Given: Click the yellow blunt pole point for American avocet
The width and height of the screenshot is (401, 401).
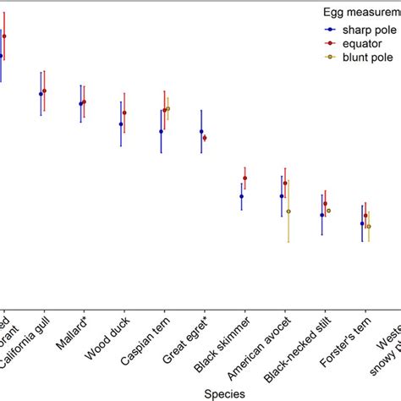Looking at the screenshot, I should click(288, 211).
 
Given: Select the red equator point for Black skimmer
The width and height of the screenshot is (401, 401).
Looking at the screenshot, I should click(244, 178).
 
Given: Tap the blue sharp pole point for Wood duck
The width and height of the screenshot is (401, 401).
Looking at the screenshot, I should click(121, 124).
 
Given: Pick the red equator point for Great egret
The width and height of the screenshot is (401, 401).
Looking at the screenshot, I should click(205, 137).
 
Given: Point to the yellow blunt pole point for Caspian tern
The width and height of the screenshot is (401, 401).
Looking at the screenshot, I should click(168, 108).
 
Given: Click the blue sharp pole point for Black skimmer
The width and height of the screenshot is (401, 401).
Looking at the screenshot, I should click(241, 196).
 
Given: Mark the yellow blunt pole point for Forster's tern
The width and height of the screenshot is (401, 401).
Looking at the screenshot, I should click(369, 226).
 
